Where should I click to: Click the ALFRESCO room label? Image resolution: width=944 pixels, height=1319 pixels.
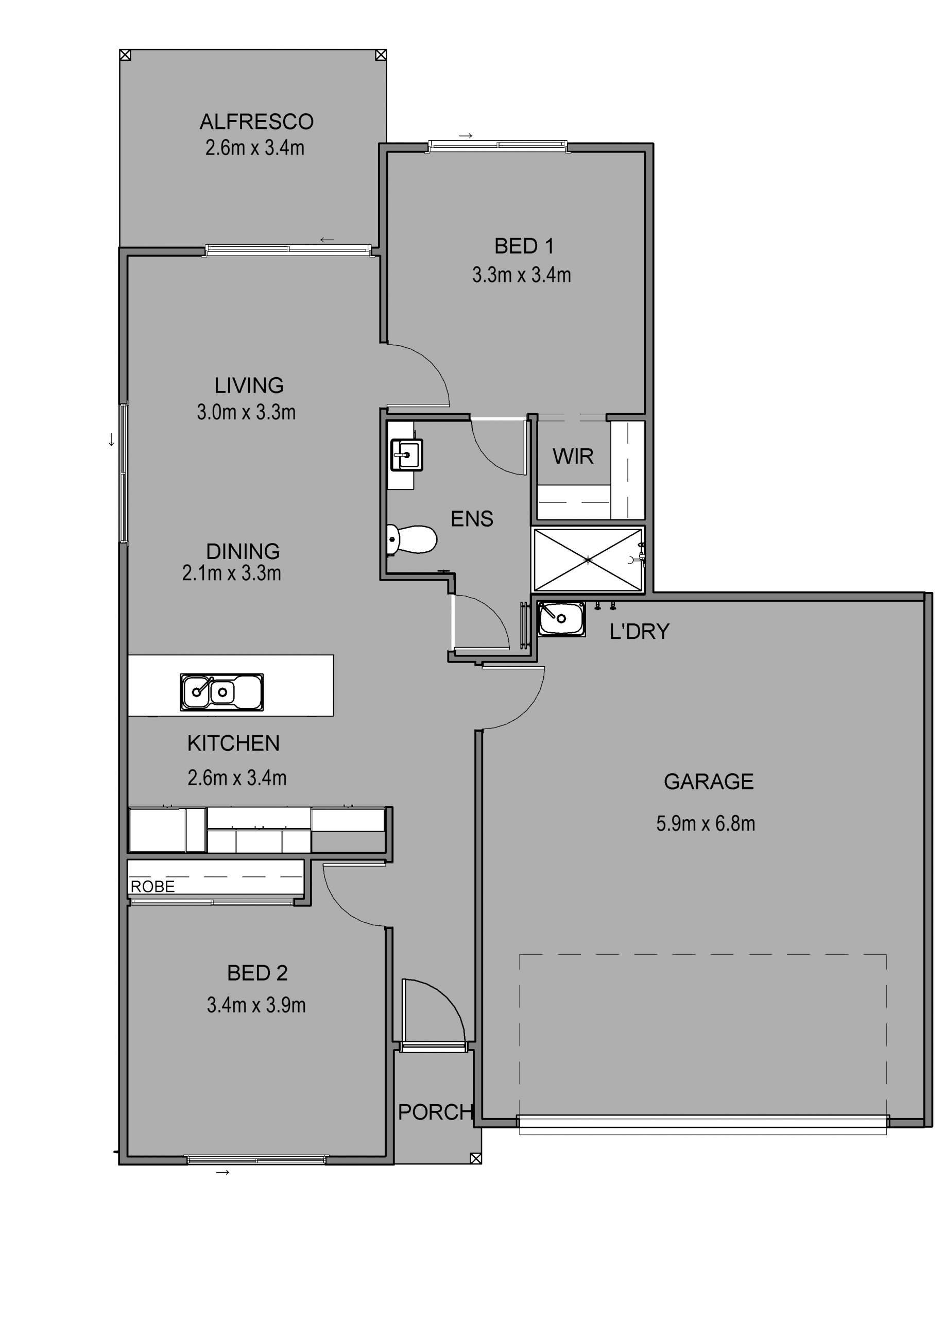(x=256, y=122)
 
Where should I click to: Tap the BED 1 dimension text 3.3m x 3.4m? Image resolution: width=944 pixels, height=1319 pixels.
(x=521, y=275)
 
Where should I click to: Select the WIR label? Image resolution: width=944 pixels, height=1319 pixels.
(x=573, y=456)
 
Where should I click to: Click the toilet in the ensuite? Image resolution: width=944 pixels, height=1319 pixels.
(x=411, y=539)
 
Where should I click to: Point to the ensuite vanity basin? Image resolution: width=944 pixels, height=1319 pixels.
(x=407, y=454)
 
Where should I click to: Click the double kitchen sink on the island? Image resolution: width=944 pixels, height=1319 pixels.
(x=221, y=692)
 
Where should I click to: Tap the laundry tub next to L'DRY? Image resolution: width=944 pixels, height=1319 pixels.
(x=561, y=619)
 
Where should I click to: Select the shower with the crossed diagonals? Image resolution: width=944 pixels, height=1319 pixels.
(x=588, y=560)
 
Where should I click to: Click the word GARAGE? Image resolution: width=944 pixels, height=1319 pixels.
(x=709, y=782)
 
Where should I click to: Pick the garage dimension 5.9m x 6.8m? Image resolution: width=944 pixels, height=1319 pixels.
(x=706, y=823)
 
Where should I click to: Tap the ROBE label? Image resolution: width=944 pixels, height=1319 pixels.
(x=153, y=886)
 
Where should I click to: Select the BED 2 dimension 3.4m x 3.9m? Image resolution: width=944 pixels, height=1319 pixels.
(x=256, y=1005)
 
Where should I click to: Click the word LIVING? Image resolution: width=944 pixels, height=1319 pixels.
(x=249, y=385)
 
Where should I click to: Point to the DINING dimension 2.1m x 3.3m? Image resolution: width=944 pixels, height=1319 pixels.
(x=232, y=573)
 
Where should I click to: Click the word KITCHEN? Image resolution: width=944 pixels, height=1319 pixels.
(x=234, y=743)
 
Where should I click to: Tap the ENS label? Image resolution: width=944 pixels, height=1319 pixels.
(x=472, y=519)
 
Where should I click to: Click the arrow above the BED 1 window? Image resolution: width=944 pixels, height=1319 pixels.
(x=466, y=136)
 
